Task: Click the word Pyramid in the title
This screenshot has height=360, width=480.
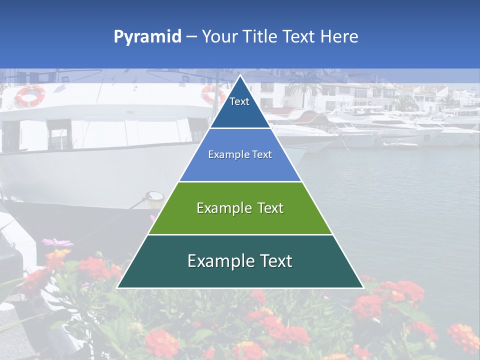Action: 147,37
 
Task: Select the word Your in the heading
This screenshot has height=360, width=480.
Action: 218,36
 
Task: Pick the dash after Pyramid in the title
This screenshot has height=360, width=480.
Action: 191,37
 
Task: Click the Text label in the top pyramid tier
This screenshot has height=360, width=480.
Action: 239,101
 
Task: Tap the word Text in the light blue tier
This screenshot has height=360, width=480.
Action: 262,155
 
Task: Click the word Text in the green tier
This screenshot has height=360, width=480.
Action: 270,208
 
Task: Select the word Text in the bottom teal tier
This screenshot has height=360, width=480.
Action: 276,261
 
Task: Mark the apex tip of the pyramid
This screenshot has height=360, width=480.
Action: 240,75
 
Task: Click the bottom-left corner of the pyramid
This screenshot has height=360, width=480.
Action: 117,287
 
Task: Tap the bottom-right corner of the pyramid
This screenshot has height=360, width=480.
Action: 363,287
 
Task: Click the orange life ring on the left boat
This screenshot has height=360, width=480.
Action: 30,95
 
